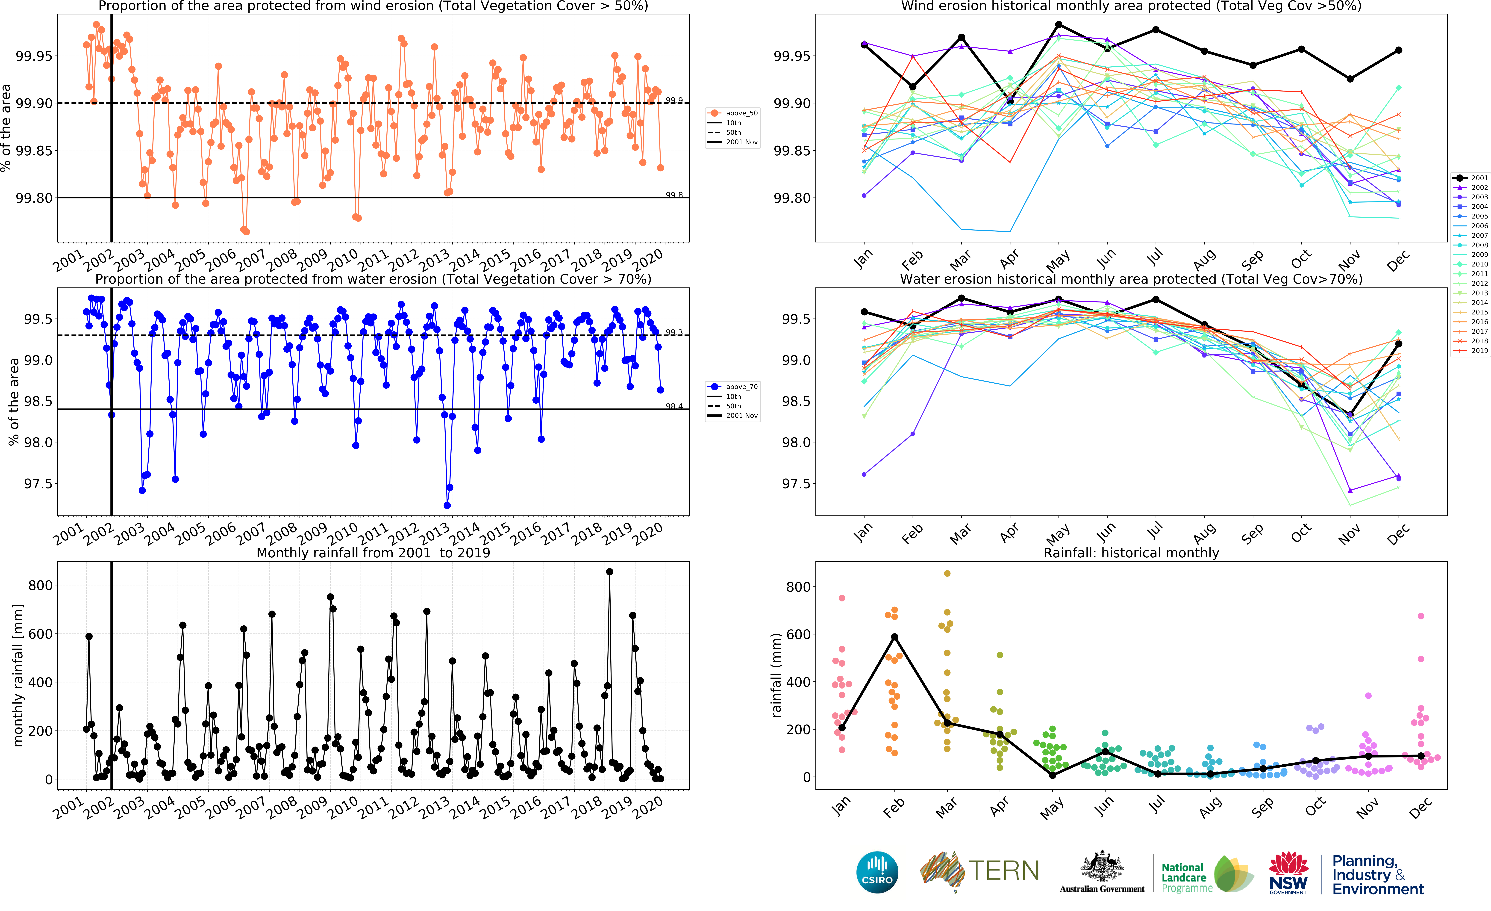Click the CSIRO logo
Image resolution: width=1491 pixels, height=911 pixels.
[877, 872]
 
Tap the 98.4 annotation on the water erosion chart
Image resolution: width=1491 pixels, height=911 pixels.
[674, 406]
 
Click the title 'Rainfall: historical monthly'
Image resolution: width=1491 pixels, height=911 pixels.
[1131, 553]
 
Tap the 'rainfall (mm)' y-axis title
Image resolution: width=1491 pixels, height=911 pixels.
[777, 675]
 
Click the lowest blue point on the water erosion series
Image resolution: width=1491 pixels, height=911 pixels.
[447, 506]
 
